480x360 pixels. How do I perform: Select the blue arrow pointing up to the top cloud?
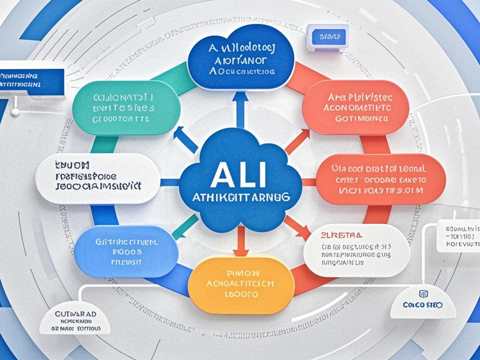(240, 109)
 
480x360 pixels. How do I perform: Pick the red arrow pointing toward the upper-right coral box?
(299, 140)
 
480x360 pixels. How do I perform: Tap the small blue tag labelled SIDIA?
(327, 36)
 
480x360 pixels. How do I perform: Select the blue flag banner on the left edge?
(32, 80)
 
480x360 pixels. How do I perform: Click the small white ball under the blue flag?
(15, 112)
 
